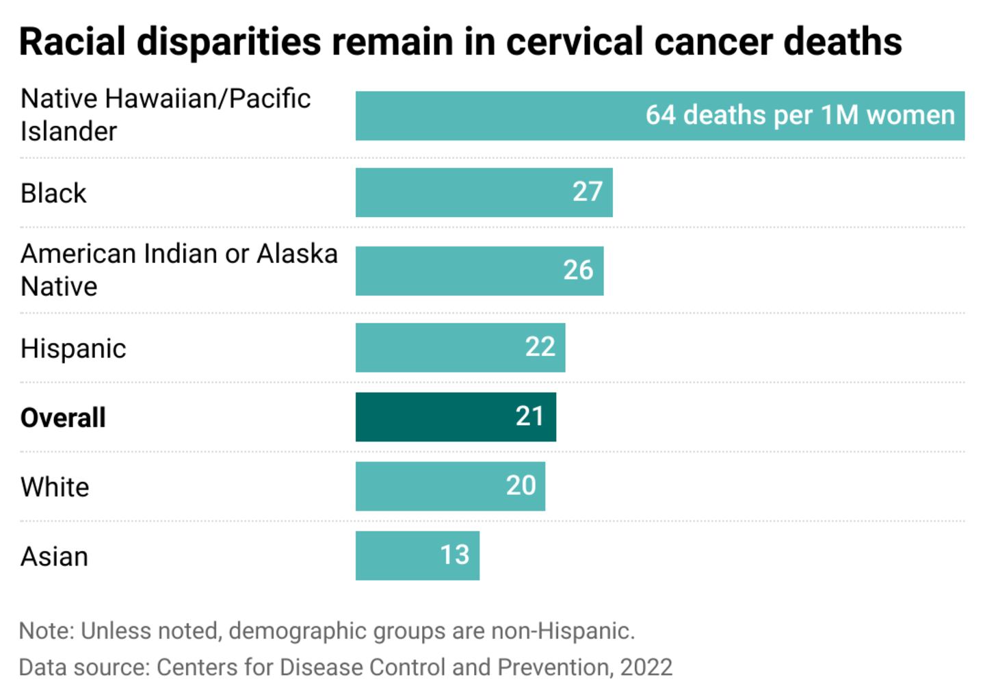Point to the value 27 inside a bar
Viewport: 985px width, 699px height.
[x=588, y=192]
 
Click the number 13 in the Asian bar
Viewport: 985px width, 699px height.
[x=454, y=555]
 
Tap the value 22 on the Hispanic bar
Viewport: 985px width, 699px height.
[x=540, y=348]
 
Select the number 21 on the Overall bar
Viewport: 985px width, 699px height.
[x=529, y=417]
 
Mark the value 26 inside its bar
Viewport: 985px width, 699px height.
[x=578, y=270]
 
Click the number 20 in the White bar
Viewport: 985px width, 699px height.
[x=521, y=486]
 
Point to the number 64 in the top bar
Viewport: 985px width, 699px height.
[x=660, y=115]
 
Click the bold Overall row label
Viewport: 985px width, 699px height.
[x=63, y=418]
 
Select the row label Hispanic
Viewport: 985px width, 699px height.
[x=73, y=348]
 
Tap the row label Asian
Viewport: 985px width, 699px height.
[x=54, y=557]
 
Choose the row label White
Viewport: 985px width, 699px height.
[x=55, y=487]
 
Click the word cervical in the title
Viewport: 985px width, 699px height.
[x=574, y=42]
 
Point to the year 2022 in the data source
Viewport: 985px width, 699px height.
[x=646, y=667]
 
